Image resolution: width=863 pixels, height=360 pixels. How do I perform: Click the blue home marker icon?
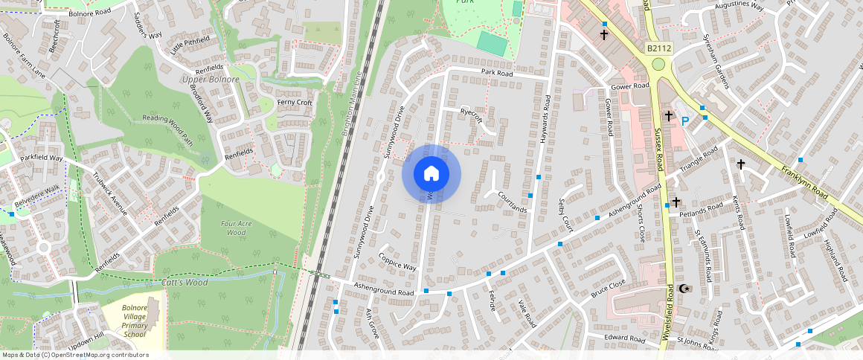431,174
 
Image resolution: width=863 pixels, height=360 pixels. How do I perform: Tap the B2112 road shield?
658,48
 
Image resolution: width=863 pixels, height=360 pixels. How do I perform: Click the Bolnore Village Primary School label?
135,321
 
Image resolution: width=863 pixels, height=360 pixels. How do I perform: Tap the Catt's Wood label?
185,283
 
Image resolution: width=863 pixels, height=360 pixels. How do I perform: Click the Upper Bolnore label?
211,80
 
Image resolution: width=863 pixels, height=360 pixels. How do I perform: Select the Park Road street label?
497,74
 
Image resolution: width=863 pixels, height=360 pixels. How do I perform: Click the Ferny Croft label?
295,103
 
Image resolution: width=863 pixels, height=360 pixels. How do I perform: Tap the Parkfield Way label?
42,158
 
